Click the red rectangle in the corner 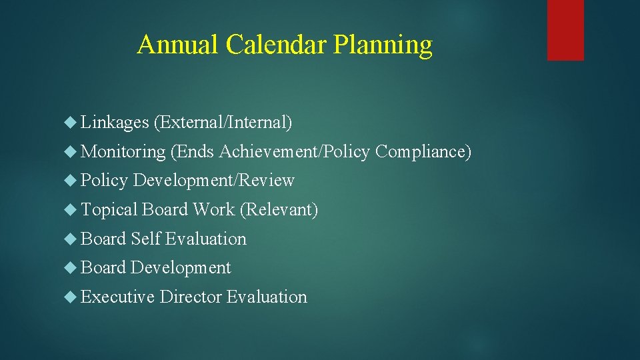pos(565,29)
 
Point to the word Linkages pos(115,123)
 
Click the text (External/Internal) pos(223,123)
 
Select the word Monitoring pos(123,152)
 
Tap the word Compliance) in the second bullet pos(423,152)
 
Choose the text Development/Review pos(213,181)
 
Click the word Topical pos(109,210)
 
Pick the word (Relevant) pos(279,210)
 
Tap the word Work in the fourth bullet pos(213,210)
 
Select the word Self pos(146,239)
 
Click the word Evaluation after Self pos(206,239)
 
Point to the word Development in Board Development pos(181,268)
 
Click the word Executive pos(118,297)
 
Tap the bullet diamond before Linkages pos(72,123)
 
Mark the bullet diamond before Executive pos(72,297)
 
